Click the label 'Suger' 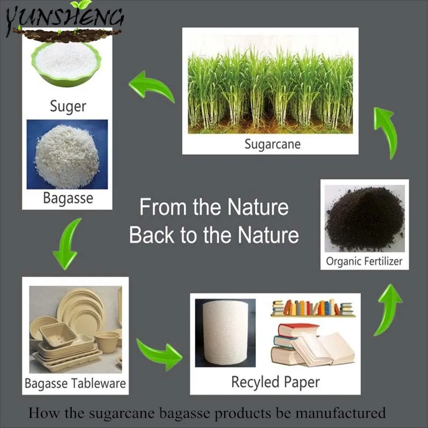[x=68, y=105]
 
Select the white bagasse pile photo [x=67, y=154]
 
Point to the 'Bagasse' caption [x=68, y=198]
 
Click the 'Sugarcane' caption [x=272, y=143]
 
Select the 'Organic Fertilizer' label [x=364, y=262]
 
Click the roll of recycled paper [x=225, y=332]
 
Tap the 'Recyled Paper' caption [x=276, y=382]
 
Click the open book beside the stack [x=326, y=347]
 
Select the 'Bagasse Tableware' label [x=75, y=383]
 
